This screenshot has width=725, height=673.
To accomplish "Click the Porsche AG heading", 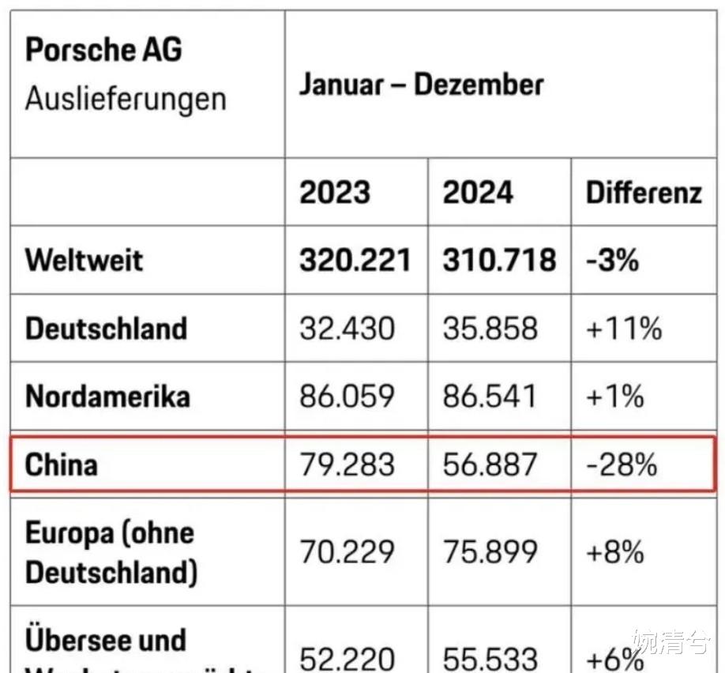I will (x=103, y=51).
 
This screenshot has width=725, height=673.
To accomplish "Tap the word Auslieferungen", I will (x=126, y=100).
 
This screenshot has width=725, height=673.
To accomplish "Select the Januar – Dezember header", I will (x=421, y=85).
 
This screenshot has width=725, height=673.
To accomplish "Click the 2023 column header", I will (x=335, y=193).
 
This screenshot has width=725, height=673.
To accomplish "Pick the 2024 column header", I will (x=478, y=193).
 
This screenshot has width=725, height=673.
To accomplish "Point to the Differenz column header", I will (x=644, y=193).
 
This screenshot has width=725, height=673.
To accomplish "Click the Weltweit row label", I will (x=84, y=260).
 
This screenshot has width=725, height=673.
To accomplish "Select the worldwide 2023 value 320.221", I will (x=355, y=260).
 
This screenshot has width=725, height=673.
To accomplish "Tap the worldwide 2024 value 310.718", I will (x=499, y=260).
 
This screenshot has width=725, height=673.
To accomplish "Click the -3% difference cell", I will (x=612, y=260).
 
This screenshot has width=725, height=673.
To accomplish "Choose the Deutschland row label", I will (x=106, y=329).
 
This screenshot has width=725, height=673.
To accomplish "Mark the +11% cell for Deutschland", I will (x=624, y=329).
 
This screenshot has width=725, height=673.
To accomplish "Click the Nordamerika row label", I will (x=107, y=397).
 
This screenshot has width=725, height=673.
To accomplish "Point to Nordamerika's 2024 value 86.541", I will (x=490, y=397).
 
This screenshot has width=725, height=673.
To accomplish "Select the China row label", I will (x=62, y=464).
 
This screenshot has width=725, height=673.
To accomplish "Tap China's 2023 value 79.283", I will (x=347, y=464).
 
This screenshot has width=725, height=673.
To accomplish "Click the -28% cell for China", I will (x=622, y=464).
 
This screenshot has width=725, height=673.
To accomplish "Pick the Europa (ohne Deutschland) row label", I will (x=111, y=552).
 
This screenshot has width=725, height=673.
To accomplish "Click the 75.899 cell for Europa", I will (x=490, y=552).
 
